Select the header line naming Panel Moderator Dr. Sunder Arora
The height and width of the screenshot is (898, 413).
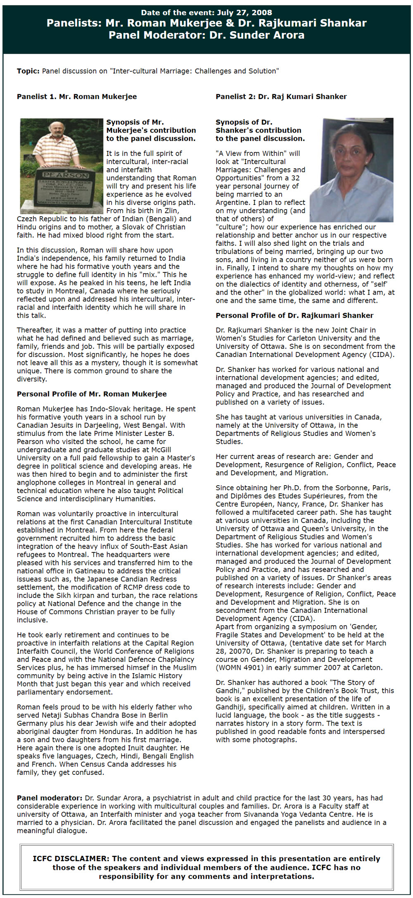click(206, 35)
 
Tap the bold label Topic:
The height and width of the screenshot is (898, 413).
click(28, 71)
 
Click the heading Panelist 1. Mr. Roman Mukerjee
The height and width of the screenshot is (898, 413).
click(77, 97)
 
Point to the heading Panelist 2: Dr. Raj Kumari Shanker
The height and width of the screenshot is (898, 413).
click(281, 97)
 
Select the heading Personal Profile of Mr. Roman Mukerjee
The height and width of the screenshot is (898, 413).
click(92, 394)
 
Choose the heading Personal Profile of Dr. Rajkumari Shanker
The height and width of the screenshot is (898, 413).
click(294, 316)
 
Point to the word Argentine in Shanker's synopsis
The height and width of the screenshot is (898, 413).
click(233, 202)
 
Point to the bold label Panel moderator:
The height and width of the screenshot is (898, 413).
click(50, 798)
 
